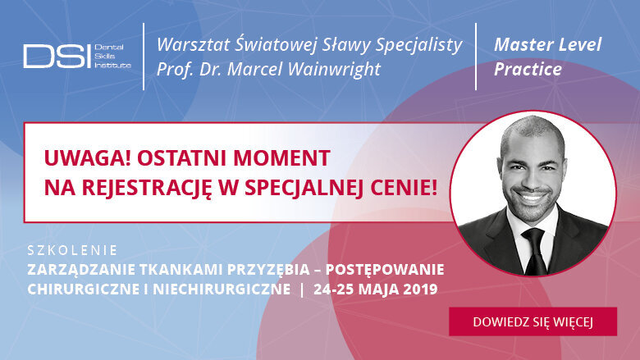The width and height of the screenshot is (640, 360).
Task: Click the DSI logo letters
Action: [57, 56]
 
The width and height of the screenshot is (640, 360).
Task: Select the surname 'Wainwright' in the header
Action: [337, 69]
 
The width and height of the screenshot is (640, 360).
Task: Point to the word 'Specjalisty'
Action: [419, 44]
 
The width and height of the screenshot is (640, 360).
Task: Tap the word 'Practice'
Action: [528, 69]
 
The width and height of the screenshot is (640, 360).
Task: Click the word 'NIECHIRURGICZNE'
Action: [221, 289]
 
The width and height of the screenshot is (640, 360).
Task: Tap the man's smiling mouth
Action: [533, 198]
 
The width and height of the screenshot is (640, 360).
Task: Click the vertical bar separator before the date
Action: [304, 289]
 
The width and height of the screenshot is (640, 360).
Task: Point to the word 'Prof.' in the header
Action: [176, 69]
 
